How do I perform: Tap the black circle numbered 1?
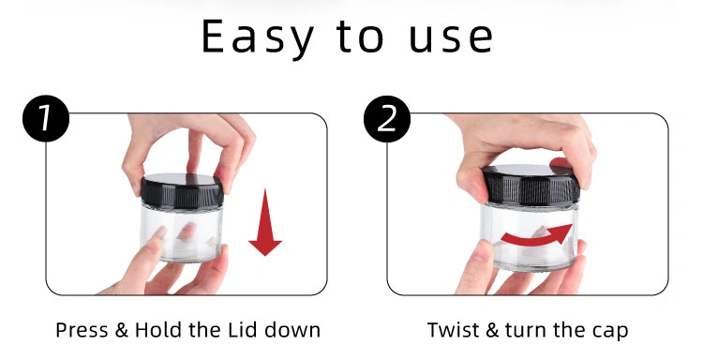pos(46,118)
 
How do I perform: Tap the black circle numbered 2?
pos(387,119)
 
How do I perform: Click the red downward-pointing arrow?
pos(265,222)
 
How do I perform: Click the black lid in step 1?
pos(182,190)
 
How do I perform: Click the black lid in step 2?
pos(531,185)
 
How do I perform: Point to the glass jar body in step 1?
pos(182,232)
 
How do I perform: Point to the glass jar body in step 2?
pos(530,236)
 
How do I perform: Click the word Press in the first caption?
pos(82,330)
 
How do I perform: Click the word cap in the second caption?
pos(611,333)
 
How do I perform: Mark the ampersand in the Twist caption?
pos(492,330)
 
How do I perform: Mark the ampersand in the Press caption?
pos(122,330)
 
